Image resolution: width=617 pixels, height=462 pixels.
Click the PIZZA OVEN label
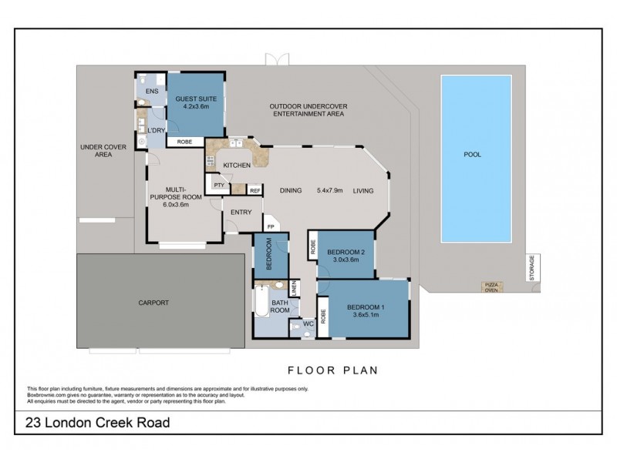coord(491,287)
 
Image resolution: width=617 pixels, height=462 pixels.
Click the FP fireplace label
coord(270,226)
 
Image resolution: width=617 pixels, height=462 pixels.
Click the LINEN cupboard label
coord(294,289)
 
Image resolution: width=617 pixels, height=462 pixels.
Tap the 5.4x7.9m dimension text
coord(332,191)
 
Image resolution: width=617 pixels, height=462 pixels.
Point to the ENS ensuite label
coord(151,92)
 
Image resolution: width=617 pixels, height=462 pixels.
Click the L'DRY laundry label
coord(157,130)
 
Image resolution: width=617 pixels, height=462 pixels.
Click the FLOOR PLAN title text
coord(332,370)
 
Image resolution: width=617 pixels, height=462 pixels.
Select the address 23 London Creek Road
coord(98,423)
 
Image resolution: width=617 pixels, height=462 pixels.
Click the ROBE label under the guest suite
coord(185,142)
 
